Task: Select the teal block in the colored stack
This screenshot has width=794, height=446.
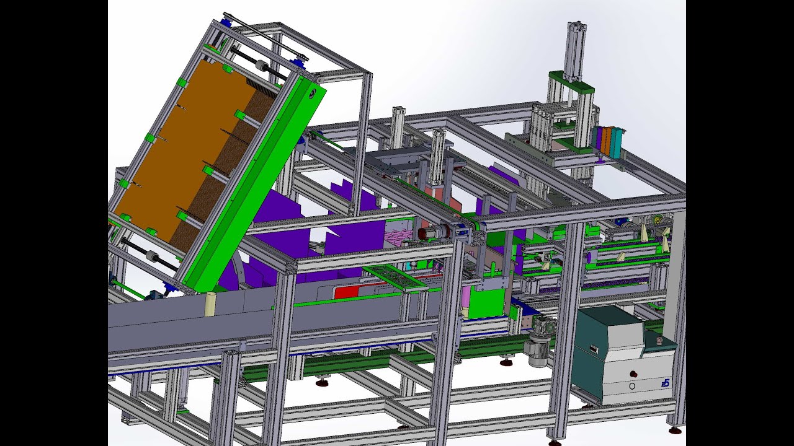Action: pos(615,142)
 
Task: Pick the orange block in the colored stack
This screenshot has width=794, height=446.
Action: pos(605,141)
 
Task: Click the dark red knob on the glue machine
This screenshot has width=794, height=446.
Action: pos(634,374)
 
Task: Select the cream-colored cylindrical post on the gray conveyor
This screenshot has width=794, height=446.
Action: pos(210,304)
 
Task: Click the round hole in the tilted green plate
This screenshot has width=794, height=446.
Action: pos(314,93)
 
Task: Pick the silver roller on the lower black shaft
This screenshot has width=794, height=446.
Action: pos(149,255)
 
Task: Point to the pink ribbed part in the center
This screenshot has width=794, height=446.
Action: pos(397,235)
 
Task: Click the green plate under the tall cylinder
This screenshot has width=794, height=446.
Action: pos(571,83)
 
